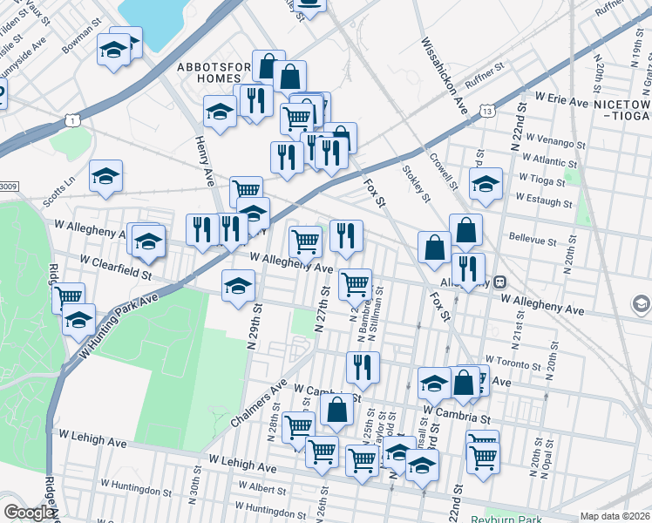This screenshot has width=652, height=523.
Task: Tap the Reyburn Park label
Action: (515, 515)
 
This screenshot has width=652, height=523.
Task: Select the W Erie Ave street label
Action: (562, 101)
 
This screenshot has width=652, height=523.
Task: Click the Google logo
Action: (29, 513)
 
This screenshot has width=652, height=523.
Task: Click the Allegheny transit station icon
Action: (500, 282)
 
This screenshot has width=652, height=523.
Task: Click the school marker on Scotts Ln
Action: (105, 176)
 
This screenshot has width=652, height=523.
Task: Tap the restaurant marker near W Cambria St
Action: (363, 367)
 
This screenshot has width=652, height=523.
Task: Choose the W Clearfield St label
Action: (115, 266)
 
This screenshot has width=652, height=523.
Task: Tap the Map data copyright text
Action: (615, 516)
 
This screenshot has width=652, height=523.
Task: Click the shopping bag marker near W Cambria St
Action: (336, 410)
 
